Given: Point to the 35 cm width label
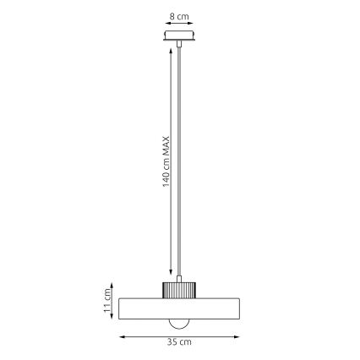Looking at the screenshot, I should click(179, 342).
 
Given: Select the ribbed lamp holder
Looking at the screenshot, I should click(179, 289).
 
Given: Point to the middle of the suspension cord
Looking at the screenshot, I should click(180, 161).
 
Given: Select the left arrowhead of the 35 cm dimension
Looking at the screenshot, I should click(120, 336).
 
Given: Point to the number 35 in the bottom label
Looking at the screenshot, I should click(172, 342).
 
